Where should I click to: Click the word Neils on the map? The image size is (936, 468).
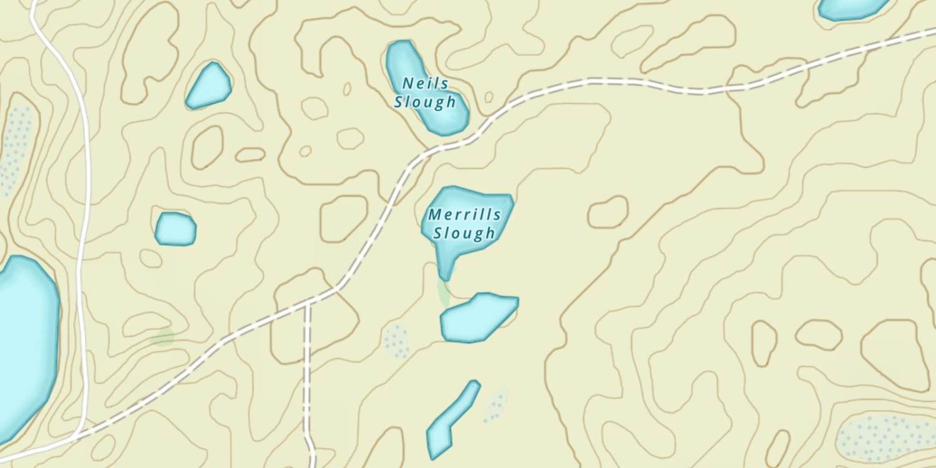tap(425, 83)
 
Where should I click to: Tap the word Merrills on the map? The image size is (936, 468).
tap(464, 215)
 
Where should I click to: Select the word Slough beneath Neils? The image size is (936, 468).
tap(424, 102)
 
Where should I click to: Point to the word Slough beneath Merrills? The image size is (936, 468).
tap(464, 233)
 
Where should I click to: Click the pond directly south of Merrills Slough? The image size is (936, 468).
tap(477, 318)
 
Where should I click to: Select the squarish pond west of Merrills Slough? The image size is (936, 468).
tap(175, 228)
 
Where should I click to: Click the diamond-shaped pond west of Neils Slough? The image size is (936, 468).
tap(209, 85)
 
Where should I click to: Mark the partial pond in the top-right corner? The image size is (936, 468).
tap(852, 7)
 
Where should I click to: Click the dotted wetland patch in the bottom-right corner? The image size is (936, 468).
tap(886, 437)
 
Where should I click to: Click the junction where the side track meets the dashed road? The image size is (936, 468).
tap(307, 304)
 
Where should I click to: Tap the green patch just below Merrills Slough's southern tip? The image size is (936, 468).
tap(444, 292)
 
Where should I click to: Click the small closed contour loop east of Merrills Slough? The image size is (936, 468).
tap(608, 212)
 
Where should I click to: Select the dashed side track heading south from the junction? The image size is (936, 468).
tap(307, 374)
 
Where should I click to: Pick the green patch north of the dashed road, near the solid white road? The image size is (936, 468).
tap(163, 337)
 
